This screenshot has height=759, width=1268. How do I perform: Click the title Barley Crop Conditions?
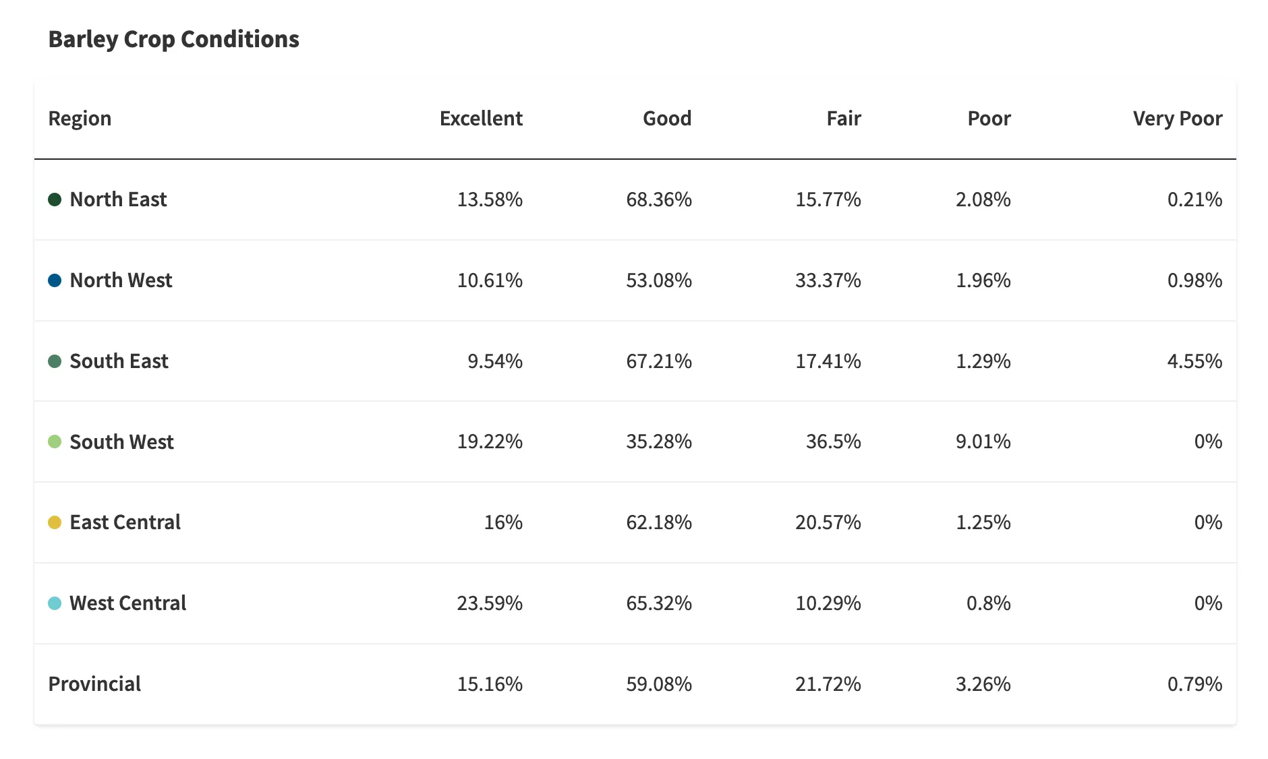coord(173,39)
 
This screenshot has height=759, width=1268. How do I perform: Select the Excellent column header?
coord(481,119)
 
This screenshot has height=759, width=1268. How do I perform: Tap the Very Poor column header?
coord(1177,119)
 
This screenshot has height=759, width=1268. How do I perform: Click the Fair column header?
coord(843,119)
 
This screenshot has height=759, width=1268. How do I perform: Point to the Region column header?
coord(80,119)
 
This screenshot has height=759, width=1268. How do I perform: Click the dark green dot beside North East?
coord(55,200)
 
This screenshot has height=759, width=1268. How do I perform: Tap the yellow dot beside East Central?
coord(55,522)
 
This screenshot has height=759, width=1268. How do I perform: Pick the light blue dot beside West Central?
coord(55,603)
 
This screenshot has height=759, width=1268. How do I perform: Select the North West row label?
coord(121,280)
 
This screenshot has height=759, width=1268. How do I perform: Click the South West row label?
coord(121,442)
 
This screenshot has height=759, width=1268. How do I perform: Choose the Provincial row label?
coord(94,684)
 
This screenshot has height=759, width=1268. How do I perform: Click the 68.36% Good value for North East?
coord(658,200)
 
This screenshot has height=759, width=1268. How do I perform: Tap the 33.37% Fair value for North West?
coord(828,280)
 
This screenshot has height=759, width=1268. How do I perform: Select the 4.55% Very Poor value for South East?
coord(1194,361)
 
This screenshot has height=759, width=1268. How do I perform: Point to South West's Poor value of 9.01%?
coord(983,442)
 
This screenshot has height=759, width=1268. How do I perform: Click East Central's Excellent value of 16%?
coord(502,522)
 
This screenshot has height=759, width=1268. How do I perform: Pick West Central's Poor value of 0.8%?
coord(988,603)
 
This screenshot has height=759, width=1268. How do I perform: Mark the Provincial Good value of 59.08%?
coord(658,684)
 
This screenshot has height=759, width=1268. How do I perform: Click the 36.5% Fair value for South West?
coord(833,442)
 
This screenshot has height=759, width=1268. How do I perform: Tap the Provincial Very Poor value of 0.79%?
coord(1194,684)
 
